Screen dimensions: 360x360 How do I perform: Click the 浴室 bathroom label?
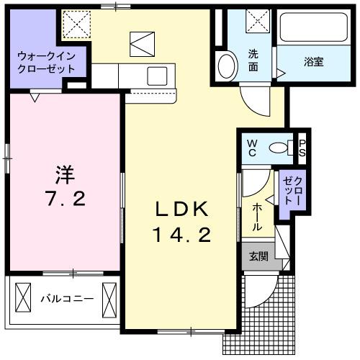tap(313, 62)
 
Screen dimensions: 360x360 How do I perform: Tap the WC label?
tap(253, 148)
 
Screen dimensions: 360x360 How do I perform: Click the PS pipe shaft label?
tap(302, 148)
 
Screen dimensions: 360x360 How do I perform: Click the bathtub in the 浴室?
tap(312, 30)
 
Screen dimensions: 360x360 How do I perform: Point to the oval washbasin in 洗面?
tap(227, 66)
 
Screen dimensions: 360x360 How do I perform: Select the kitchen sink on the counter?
tap(156, 75)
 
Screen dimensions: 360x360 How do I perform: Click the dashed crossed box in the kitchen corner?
tap(75, 24)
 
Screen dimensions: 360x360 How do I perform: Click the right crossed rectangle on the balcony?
tap(109, 297)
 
